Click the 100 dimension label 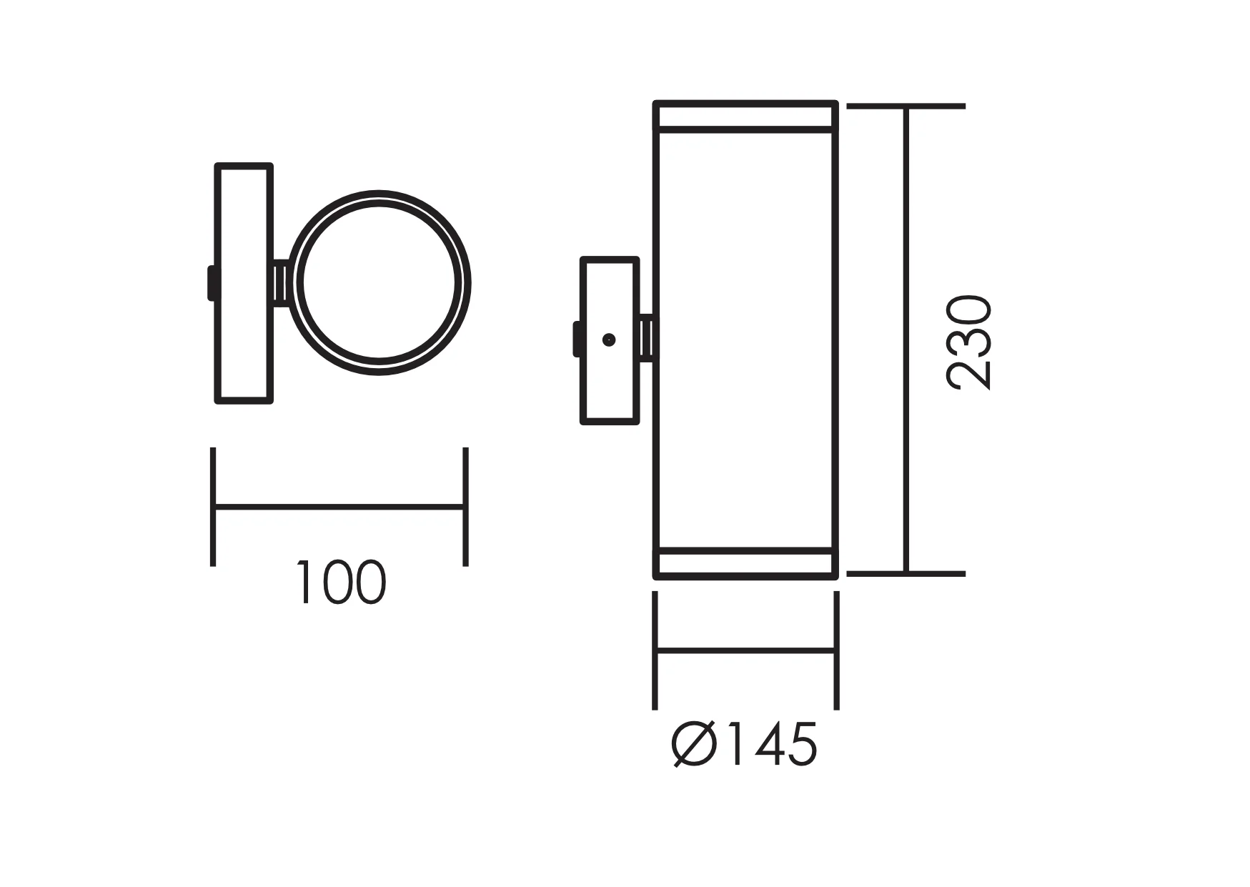[x=341, y=583]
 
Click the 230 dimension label [x=969, y=342]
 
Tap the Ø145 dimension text [x=744, y=744]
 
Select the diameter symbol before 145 [x=693, y=745]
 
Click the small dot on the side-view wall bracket [x=609, y=340]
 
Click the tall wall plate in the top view [x=244, y=284]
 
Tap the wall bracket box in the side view [x=610, y=341]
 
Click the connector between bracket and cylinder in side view [x=647, y=338]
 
